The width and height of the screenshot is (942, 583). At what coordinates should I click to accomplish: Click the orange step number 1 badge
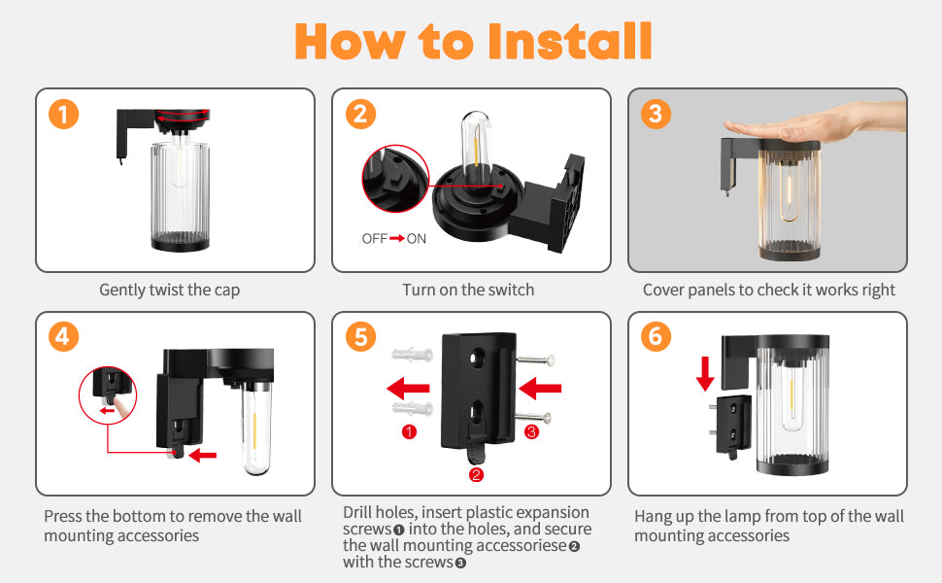pos(64,114)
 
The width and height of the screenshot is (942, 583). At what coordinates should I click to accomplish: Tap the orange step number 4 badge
pos(64,336)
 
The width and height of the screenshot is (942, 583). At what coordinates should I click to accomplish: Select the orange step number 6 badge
pos(656,336)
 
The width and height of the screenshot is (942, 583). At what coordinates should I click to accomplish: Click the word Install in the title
pos(569,41)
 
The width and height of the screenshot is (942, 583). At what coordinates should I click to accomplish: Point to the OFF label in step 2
pos(374,239)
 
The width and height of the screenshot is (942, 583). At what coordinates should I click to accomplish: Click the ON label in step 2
pos(417,239)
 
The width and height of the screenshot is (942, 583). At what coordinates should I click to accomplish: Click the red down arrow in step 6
pos(705,373)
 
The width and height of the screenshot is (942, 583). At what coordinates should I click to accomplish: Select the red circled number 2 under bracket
pos(476,474)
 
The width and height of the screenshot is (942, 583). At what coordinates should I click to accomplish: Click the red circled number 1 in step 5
pos(409,431)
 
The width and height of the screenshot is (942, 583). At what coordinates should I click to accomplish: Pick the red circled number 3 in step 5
pos(531,431)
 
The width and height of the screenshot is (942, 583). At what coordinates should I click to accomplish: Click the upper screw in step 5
pos(535,360)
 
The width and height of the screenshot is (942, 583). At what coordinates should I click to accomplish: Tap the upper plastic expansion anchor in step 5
pos(413,354)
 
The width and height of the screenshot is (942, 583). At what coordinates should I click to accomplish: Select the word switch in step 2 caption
pos(511,290)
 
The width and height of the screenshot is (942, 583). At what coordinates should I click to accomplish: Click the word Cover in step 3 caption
pos(663,290)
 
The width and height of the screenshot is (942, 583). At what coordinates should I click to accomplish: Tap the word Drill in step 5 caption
pos(358,512)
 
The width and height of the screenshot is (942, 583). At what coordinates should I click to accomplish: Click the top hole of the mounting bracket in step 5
pos(478,359)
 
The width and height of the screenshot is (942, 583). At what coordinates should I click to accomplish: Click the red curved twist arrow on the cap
pos(182,115)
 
